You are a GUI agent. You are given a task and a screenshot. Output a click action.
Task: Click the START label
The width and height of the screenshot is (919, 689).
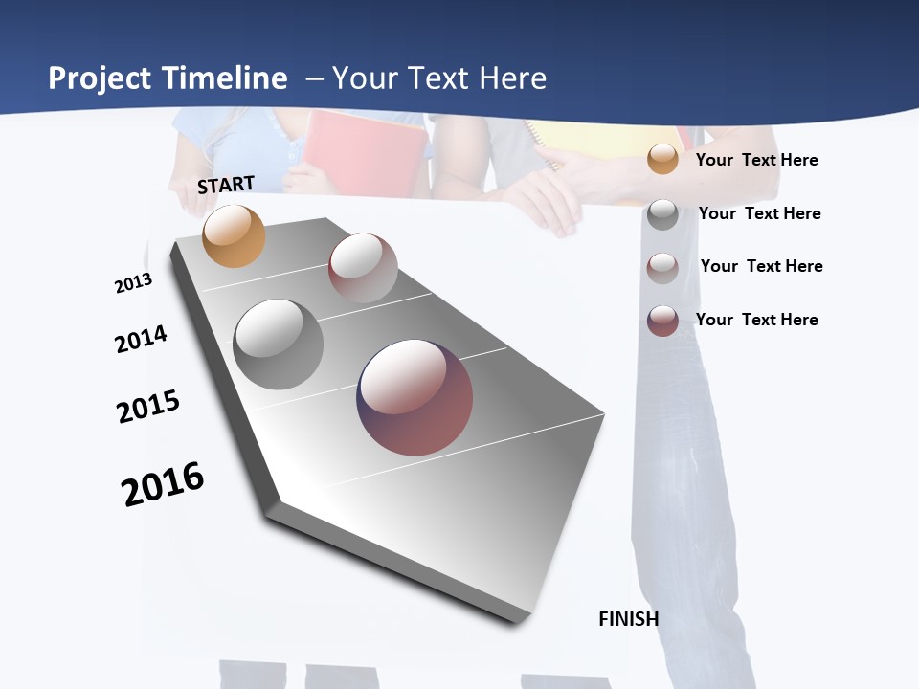click(x=226, y=185)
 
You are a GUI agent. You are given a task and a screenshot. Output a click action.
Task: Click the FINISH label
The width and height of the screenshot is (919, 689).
click(x=628, y=619)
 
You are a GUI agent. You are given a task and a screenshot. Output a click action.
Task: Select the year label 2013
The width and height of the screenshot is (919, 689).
click(x=133, y=283)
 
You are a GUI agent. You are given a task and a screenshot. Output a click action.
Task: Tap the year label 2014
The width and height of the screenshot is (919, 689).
click(x=141, y=339)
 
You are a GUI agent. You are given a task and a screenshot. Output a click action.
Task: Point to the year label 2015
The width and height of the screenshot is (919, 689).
click(x=148, y=407)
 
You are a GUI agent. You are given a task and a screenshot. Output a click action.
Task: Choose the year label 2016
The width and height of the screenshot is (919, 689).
click(x=163, y=484)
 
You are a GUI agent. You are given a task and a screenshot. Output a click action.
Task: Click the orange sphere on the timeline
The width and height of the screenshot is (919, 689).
click(x=234, y=235)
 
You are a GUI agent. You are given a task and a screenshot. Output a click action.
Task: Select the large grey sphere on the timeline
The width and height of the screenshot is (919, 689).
click(x=278, y=344)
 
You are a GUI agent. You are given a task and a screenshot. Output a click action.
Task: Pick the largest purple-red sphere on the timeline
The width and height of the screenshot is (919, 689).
click(x=415, y=397)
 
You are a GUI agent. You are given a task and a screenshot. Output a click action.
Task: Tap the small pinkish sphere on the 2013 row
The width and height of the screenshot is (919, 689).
click(x=363, y=268)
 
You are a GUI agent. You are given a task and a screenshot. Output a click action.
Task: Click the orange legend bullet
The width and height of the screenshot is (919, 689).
click(x=662, y=160)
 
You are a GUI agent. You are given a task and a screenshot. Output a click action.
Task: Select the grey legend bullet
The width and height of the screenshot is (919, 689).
click(x=662, y=214)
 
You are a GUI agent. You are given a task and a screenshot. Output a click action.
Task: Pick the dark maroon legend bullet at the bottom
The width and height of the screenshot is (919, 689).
click(x=662, y=321)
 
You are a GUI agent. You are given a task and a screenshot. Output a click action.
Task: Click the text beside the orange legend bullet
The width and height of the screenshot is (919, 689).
click(x=756, y=161)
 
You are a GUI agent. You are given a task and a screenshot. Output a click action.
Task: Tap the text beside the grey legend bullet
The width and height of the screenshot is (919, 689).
click(x=759, y=214)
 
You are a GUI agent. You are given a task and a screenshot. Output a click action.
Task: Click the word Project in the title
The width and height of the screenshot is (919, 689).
click(x=100, y=78)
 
